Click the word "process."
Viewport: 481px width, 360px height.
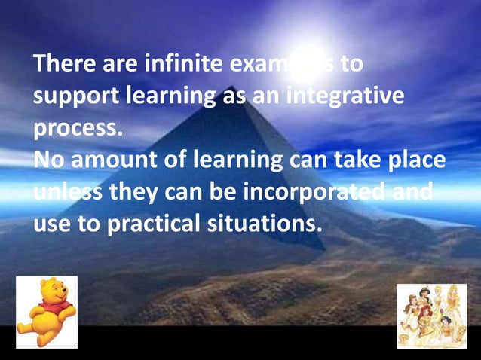(77, 130)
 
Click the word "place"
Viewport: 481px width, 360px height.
(415, 162)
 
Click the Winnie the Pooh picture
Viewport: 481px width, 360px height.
(47, 312)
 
